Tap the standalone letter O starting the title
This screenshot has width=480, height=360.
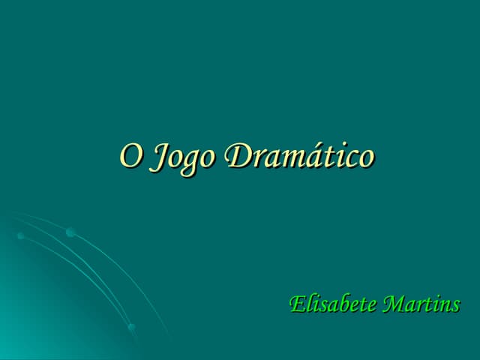pos(130,156)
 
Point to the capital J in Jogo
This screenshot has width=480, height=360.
pos(159,157)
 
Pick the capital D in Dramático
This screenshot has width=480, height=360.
pos(238,156)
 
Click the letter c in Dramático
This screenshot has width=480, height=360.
pos(347,158)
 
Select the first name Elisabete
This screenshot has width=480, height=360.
pos(333,305)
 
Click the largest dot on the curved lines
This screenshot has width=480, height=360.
pos(70,233)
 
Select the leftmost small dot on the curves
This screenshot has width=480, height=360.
pos(20,236)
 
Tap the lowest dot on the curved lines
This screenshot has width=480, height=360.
pos(132,328)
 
